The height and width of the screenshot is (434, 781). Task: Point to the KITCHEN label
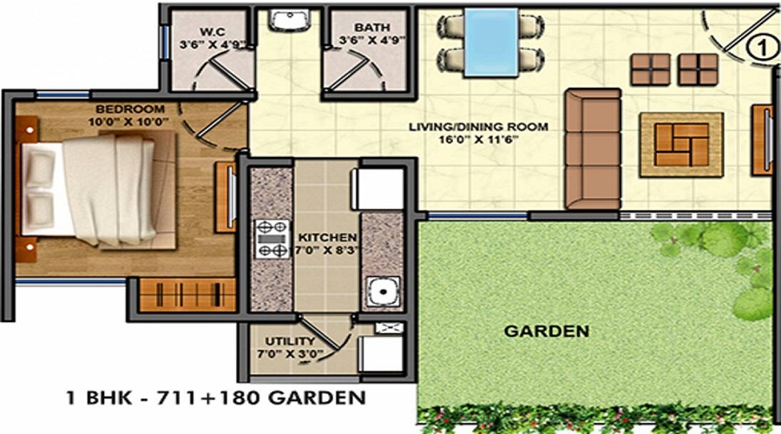pyautogui.click(x=326, y=237)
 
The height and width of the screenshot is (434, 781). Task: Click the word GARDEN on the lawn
pyautogui.click(x=548, y=331)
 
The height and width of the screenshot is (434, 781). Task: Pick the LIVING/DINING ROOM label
pyautogui.click(x=479, y=127)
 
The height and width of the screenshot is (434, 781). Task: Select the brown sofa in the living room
pyautogui.click(x=593, y=148)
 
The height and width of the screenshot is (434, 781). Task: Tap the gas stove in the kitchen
pyautogui.click(x=272, y=239)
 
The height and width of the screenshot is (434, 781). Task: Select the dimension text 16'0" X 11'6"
pyautogui.click(x=479, y=139)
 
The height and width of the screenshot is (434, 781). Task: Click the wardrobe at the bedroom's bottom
pyautogui.click(x=187, y=294)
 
